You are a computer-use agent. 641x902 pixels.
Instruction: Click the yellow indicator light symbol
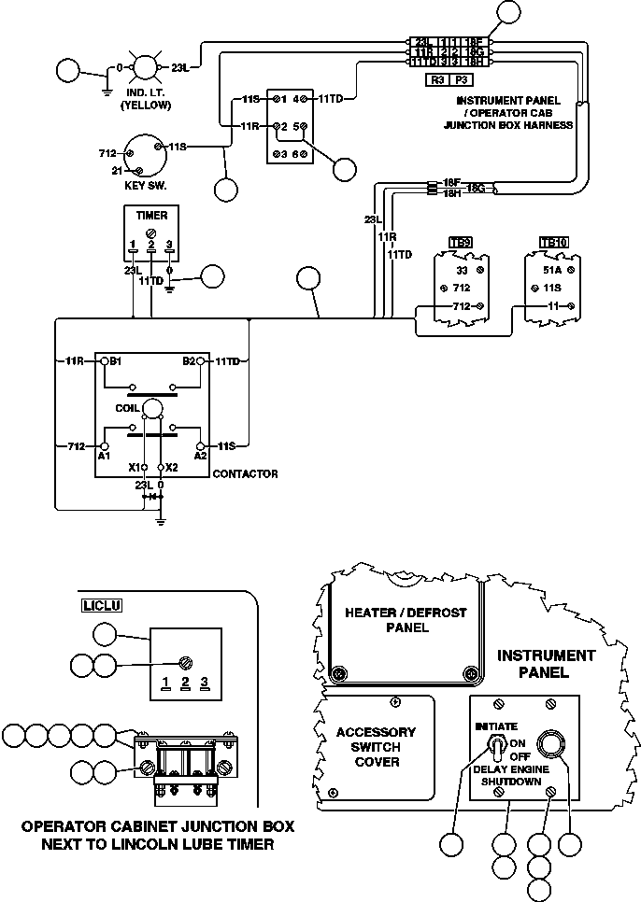click(x=145, y=68)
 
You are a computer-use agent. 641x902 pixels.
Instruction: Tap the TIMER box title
click(x=152, y=216)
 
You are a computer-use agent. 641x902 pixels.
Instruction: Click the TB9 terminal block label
click(x=460, y=243)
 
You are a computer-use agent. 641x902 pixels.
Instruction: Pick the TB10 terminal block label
click(x=554, y=243)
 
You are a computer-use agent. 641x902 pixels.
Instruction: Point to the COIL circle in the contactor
click(x=152, y=407)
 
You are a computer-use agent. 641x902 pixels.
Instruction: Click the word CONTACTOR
click(x=245, y=474)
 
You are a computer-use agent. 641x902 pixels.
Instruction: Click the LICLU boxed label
click(x=96, y=604)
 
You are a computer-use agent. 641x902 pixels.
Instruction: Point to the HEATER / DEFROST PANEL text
click(x=406, y=620)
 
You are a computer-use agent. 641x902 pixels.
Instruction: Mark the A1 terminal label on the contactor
click(x=104, y=456)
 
